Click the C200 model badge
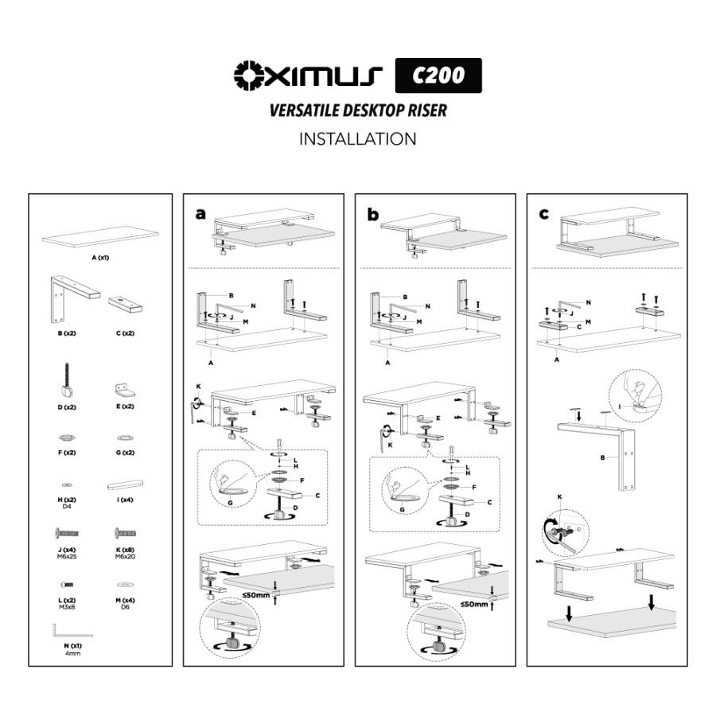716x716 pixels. coord(438,76)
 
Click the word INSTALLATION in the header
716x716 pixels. coord(357,139)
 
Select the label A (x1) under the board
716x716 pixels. coord(99,259)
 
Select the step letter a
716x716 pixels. coord(201,213)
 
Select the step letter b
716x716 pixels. coord(373,213)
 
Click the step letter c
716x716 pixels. coord(544,213)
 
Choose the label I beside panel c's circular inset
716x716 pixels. coord(618,406)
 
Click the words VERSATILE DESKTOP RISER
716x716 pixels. coord(357,110)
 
